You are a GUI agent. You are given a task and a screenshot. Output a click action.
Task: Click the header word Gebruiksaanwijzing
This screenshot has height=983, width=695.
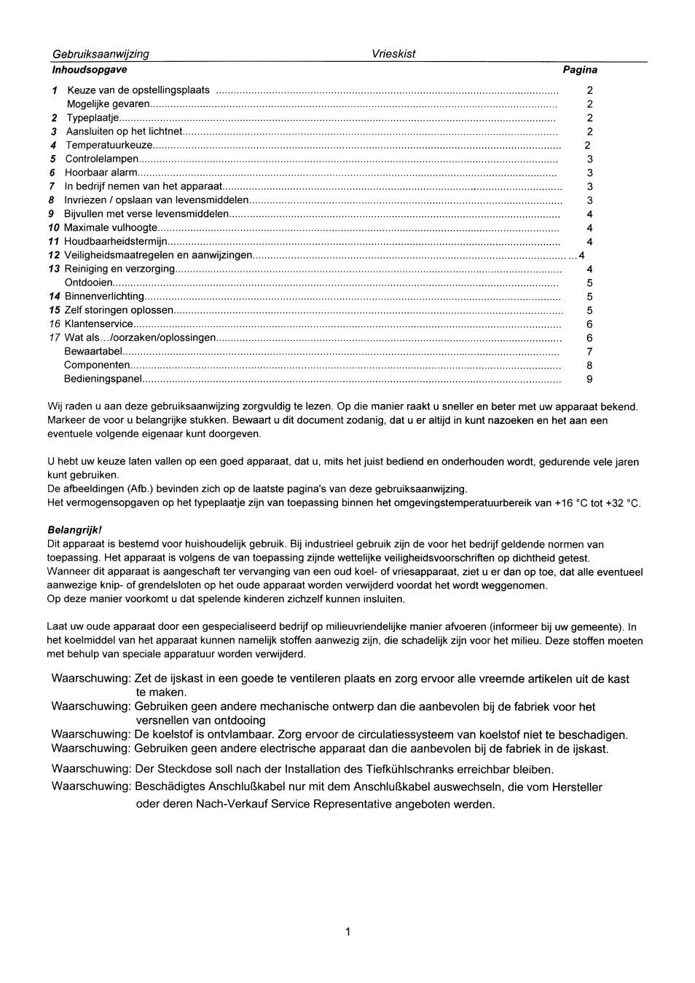pos(101,54)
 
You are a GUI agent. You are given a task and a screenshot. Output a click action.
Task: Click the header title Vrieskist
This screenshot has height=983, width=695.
pos(393,54)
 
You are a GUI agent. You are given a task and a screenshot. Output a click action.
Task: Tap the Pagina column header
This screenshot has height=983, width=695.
pos(580,70)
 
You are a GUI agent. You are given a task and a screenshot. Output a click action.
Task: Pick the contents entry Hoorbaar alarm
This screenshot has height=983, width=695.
pos(101,173)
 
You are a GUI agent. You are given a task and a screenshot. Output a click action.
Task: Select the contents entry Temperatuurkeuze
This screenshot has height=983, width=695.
pos(109,145)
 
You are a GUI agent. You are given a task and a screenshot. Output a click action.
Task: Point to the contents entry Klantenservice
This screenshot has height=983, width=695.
pos(99,324)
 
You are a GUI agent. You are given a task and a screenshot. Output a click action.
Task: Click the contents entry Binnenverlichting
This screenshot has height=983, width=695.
pos(104,296)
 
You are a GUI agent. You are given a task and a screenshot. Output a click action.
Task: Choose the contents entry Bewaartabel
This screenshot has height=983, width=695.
pos(93,352)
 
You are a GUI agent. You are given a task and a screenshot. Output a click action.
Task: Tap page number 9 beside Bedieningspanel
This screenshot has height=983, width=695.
pos(589,379)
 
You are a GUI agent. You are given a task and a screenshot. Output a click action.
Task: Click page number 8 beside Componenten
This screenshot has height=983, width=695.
pos(589,366)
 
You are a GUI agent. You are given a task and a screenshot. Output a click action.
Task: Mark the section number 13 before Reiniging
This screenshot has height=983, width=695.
pos(54,269)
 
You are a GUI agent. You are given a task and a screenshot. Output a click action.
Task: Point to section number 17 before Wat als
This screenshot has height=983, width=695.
pos(54,338)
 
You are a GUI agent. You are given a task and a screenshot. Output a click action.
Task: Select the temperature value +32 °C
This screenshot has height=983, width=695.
pos(623,503)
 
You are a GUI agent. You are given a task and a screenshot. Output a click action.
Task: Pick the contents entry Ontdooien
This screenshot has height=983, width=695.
pos(89,283)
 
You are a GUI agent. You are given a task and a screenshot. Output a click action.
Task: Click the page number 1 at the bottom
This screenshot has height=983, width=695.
pos(348,932)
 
